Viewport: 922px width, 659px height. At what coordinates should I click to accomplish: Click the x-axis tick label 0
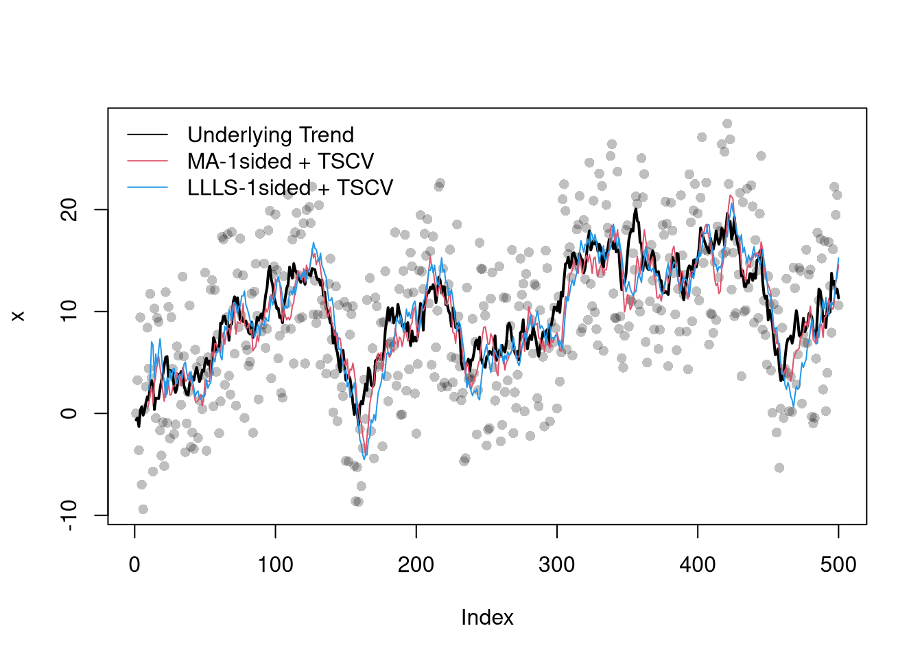(x=134, y=565)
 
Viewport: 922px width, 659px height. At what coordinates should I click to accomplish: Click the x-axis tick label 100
(x=275, y=565)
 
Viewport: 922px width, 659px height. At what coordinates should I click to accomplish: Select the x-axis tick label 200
(x=416, y=565)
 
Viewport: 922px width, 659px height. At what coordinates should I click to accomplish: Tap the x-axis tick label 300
(x=556, y=565)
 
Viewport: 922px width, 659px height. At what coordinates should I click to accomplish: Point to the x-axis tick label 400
(x=698, y=565)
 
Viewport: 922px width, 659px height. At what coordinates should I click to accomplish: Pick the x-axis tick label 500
(x=838, y=565)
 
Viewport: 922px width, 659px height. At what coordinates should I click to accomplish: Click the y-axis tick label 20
(x=69, y=209)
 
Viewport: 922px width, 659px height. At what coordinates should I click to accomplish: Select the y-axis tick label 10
(x=69, y=311)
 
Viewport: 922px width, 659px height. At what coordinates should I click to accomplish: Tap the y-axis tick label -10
(x=69, y=515)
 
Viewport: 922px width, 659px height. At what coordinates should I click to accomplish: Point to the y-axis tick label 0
(x=69, y=413)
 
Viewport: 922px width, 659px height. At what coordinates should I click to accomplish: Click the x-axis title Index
(x=487, y=618)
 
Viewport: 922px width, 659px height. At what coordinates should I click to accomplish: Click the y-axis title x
(x=19, y=316)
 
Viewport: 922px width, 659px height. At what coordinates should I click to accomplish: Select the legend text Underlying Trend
(x=270, y=135)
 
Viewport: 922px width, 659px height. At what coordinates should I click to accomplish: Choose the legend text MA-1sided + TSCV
(x=281, y=161)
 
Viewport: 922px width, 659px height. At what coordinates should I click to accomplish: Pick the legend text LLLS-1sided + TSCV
(x=290, y=187)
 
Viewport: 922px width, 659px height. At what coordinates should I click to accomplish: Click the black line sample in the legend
(x=147, y=135)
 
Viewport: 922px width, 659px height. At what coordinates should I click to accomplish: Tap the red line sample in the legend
(x=147, y=161)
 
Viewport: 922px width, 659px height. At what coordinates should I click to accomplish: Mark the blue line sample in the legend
(x=147, y=187)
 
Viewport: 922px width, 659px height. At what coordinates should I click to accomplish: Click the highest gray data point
(x=727, y=124)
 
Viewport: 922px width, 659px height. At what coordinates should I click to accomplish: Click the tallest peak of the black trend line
(x=636, y=209)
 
